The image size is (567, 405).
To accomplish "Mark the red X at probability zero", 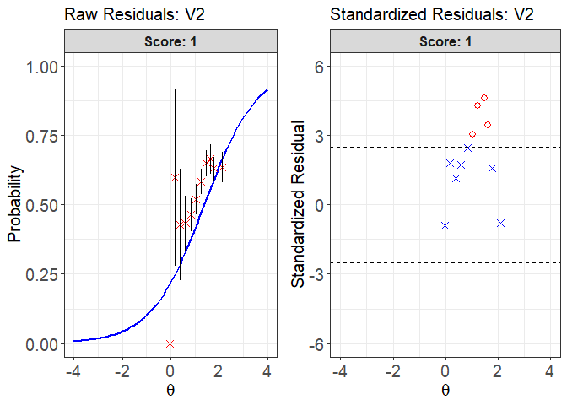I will [x=170, y=343].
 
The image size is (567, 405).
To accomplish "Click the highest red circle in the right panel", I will [x=484, y=98].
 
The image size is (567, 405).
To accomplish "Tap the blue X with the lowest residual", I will [x=445, y=225].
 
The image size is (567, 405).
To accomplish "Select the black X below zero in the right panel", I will [x=500, y=223].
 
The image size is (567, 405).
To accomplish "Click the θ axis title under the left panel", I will [x=170, y=391].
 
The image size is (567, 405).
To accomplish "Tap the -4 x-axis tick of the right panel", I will [x=340, y=370].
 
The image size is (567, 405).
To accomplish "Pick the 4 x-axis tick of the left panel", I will [x=267, y=370].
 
